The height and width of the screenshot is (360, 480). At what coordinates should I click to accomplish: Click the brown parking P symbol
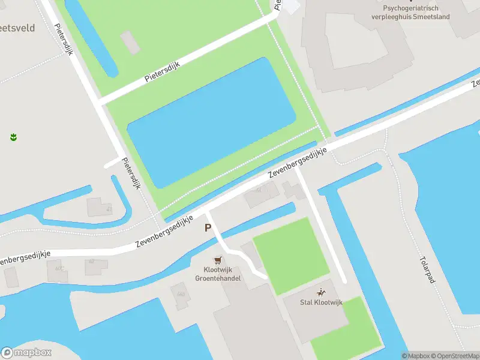point(208,228)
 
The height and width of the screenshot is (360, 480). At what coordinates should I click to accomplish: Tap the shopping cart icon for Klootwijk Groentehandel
point(218,260)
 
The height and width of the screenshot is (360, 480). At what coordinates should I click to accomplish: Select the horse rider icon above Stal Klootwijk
point(322,293)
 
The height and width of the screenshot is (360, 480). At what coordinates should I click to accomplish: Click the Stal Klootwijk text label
point(322,302)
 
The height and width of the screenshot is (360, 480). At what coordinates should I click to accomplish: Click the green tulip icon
point(13,137)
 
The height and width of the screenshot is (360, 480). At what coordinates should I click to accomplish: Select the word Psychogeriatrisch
point(410,8)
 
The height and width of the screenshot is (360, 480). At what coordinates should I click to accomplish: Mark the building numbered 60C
point(58,270)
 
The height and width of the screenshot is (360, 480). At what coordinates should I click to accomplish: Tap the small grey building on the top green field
point(130,41)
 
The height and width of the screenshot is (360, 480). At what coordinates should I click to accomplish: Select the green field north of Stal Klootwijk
point(291,255)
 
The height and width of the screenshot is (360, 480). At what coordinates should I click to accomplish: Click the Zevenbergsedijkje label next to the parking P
point(164,231)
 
